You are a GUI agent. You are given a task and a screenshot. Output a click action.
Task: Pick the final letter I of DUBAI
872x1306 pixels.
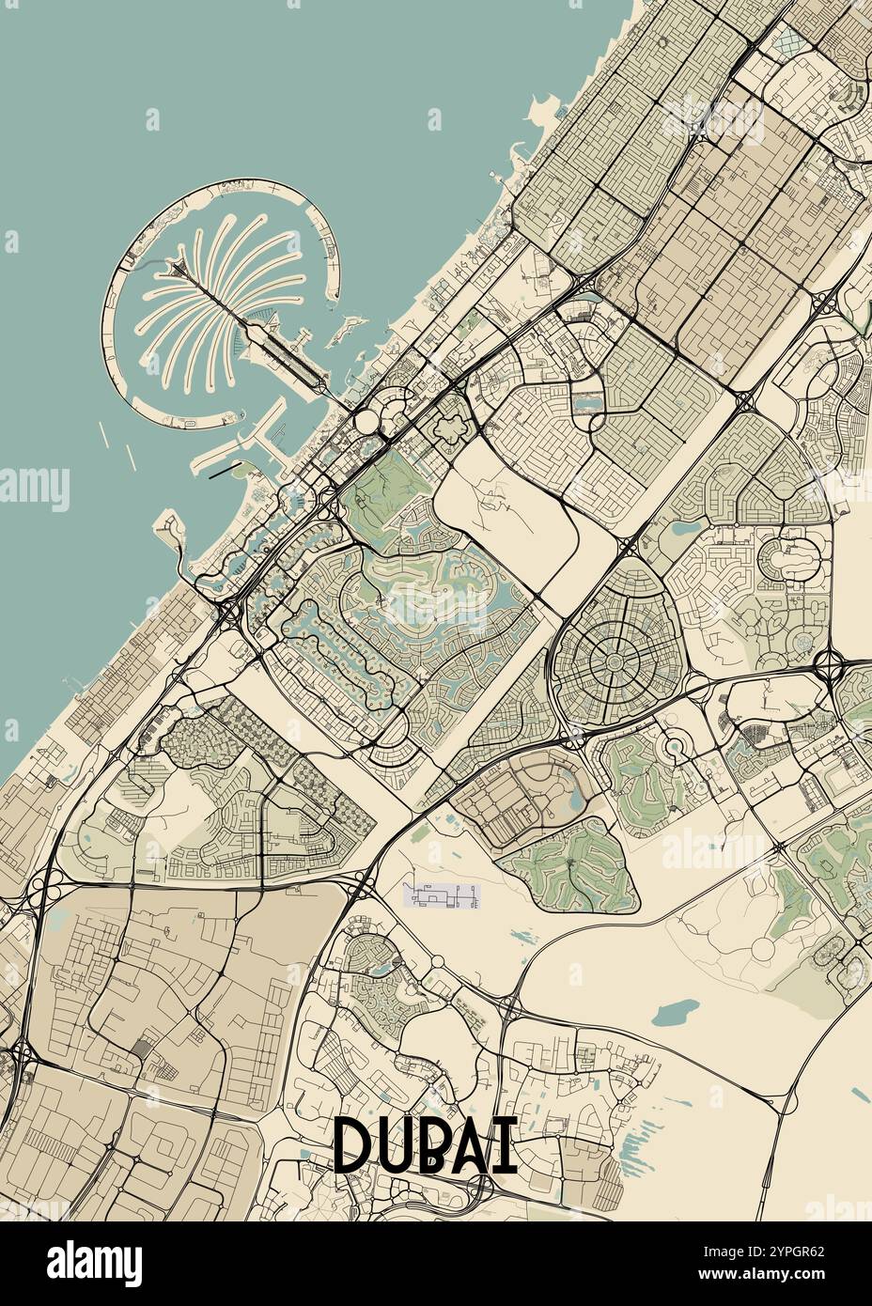coord(508,1144)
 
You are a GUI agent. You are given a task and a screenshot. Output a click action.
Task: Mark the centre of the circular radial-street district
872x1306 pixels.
coord(609,649)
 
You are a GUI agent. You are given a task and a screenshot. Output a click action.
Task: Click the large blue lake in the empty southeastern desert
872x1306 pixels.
coord(675,1012)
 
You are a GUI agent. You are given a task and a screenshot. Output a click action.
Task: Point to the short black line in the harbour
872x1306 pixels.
coord(222,473)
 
